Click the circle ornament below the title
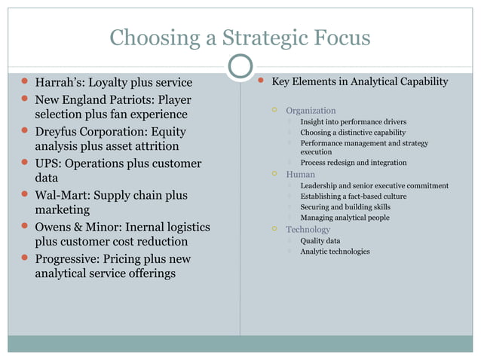click(240, 67)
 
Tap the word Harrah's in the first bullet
click(61, 82)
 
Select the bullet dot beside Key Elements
click(259, 81)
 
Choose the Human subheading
click(300, 175)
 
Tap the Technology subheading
click(308, 229)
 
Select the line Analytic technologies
click(335, 251)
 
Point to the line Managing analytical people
click(345, 218)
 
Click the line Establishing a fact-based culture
click(353, 196)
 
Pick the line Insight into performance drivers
click(353, 121)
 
